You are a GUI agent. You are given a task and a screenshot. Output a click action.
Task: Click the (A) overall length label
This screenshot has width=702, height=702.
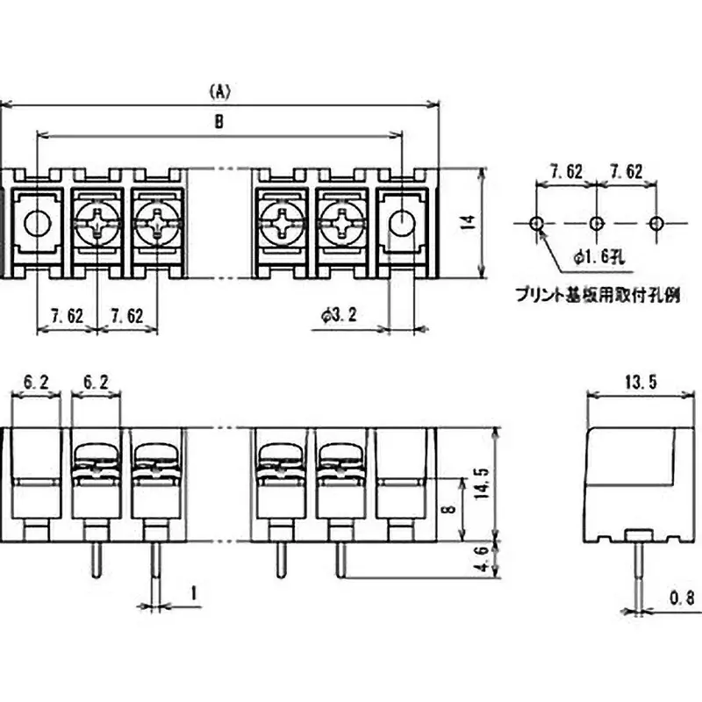pyautogui.click(x=219, y=90)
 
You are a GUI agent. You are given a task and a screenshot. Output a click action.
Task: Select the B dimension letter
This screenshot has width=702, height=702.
pyautogui.click(x=219, y=124)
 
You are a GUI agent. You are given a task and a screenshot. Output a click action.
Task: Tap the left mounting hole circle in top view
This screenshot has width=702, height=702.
pyautogui.click(x=37, y=223)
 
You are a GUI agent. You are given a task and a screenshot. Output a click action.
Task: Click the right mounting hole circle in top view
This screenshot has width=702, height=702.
pyautogui.click(x=401, y=223)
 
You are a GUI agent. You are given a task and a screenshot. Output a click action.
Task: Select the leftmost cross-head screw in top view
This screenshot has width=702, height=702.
pyautogui.click(x=97, y=223)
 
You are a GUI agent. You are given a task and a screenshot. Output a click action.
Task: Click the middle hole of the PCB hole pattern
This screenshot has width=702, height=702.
pyautogui.click(x=596, y=223)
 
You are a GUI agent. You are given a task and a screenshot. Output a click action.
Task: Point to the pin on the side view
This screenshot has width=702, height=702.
pyautogui.click(x=638, y=570)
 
